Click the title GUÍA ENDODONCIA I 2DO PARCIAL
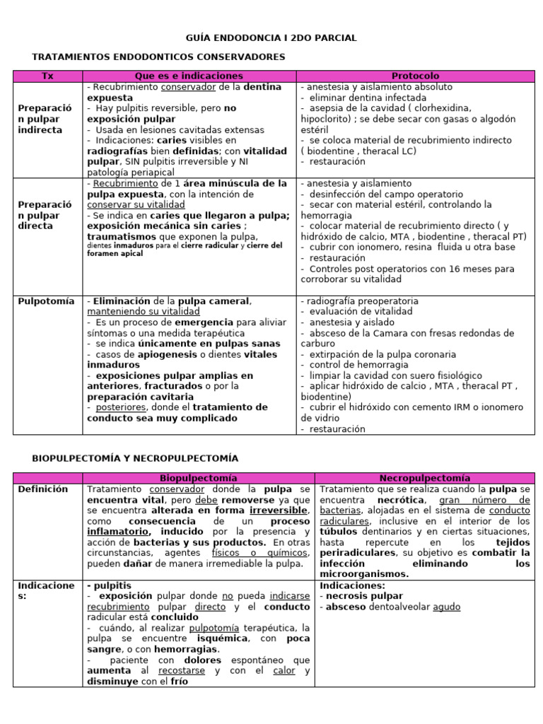pyautogui.click(x=271, y=37)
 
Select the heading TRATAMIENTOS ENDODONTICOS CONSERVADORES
pyautogui.click(x=158, y=57)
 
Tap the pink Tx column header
pyautogui.click(x=47, y=76)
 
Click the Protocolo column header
pyautogui.click(x=415, y=76)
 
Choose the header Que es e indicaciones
pyautogui.click(x=189, y=76)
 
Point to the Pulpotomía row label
pyautogui.click(x=46, y=301)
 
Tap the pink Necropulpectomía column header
pyautogui.click(x=424, y=479)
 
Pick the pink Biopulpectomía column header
pyautogui.click(x=198, y=479)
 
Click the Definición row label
pyautogui.click(x=43, y=489)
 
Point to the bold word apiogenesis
pyautogui.click(x=163, y=354)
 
